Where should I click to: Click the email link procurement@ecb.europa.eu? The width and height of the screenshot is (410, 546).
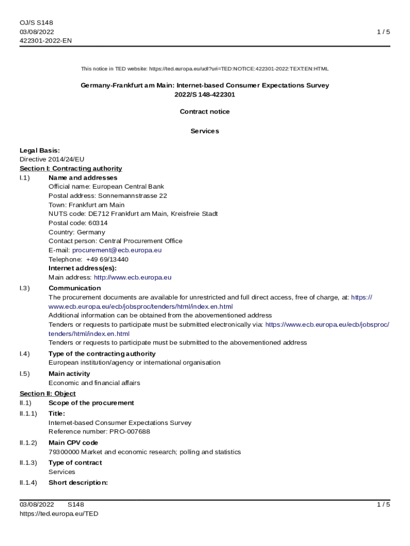point(117,250)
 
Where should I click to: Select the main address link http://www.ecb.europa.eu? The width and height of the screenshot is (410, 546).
point(133,277)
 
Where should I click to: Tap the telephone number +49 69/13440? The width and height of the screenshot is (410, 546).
point(107,259)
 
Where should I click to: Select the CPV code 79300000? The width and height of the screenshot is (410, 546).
point(63,452)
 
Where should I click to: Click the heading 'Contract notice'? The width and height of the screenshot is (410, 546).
point(204,111)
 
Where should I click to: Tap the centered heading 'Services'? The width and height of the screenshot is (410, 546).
point(204,131)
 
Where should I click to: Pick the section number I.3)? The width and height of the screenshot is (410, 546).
point(25,288)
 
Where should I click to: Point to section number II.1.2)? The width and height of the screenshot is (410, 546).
point(29,443)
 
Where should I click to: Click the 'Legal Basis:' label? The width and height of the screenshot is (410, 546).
point(40,150)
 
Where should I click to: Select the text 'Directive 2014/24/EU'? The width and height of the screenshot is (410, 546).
point(52,159)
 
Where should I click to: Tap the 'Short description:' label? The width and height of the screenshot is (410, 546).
point(78,483)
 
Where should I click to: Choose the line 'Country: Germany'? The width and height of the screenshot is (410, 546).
point(77,232)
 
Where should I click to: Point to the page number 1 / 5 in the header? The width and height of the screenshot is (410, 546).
point(383,31)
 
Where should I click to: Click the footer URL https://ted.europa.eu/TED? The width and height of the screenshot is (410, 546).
point(59,513)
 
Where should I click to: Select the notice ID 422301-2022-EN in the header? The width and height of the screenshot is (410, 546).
point(46,41)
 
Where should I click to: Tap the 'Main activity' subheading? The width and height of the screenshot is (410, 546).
point(69,374)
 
